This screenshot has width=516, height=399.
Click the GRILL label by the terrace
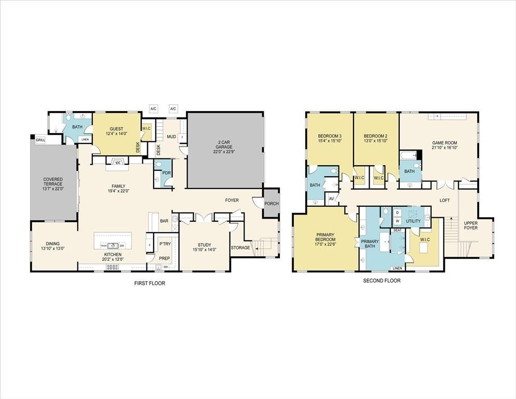pos(40,140)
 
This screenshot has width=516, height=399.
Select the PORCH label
pos(271,204)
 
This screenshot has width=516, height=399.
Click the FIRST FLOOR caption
pos(150,283)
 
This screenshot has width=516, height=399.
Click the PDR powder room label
pos(166,172)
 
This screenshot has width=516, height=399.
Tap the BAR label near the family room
pos(164,221)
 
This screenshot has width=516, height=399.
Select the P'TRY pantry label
pos(165,244)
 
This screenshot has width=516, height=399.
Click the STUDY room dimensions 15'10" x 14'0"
pos(205,250)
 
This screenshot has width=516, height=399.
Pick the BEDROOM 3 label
pos(330,136)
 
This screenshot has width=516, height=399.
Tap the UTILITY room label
pos(413,221)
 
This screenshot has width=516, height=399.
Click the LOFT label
pos(444,200)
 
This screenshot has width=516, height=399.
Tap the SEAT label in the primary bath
pos(398,230)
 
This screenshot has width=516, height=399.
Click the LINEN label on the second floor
pos(397,268)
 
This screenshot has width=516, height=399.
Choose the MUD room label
pos(171,137)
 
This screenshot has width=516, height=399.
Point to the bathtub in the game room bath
pos(409,155)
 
